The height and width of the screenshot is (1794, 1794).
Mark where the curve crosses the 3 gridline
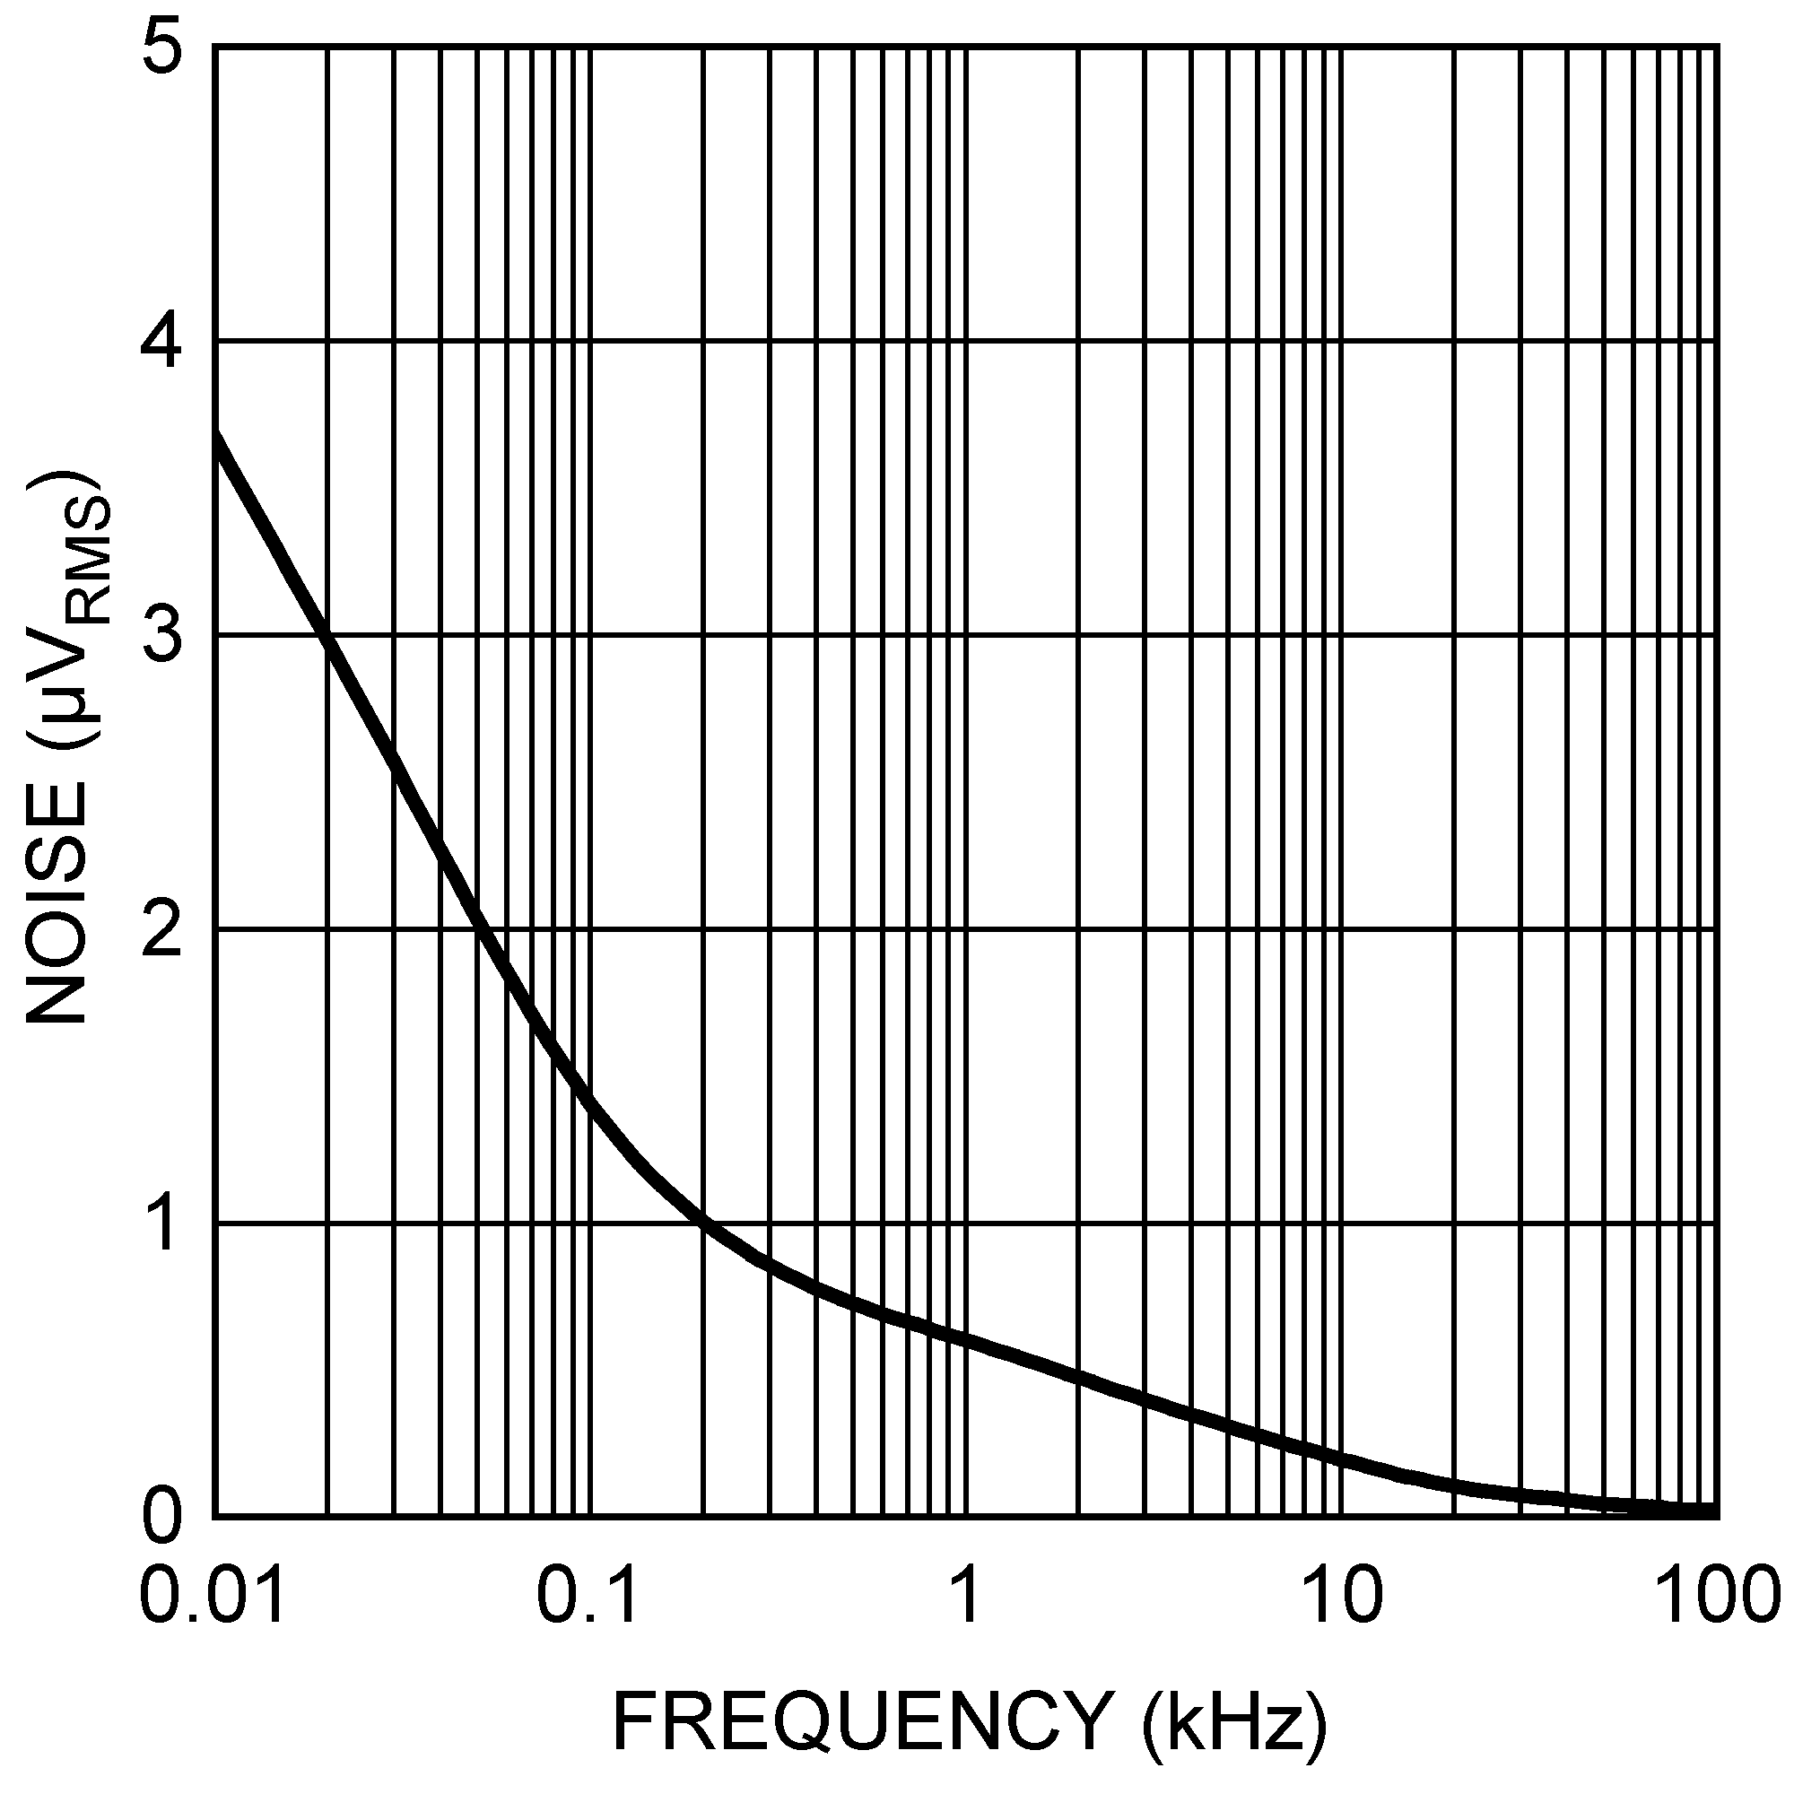326,635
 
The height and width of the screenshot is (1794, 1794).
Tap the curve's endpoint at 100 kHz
1714,1511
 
